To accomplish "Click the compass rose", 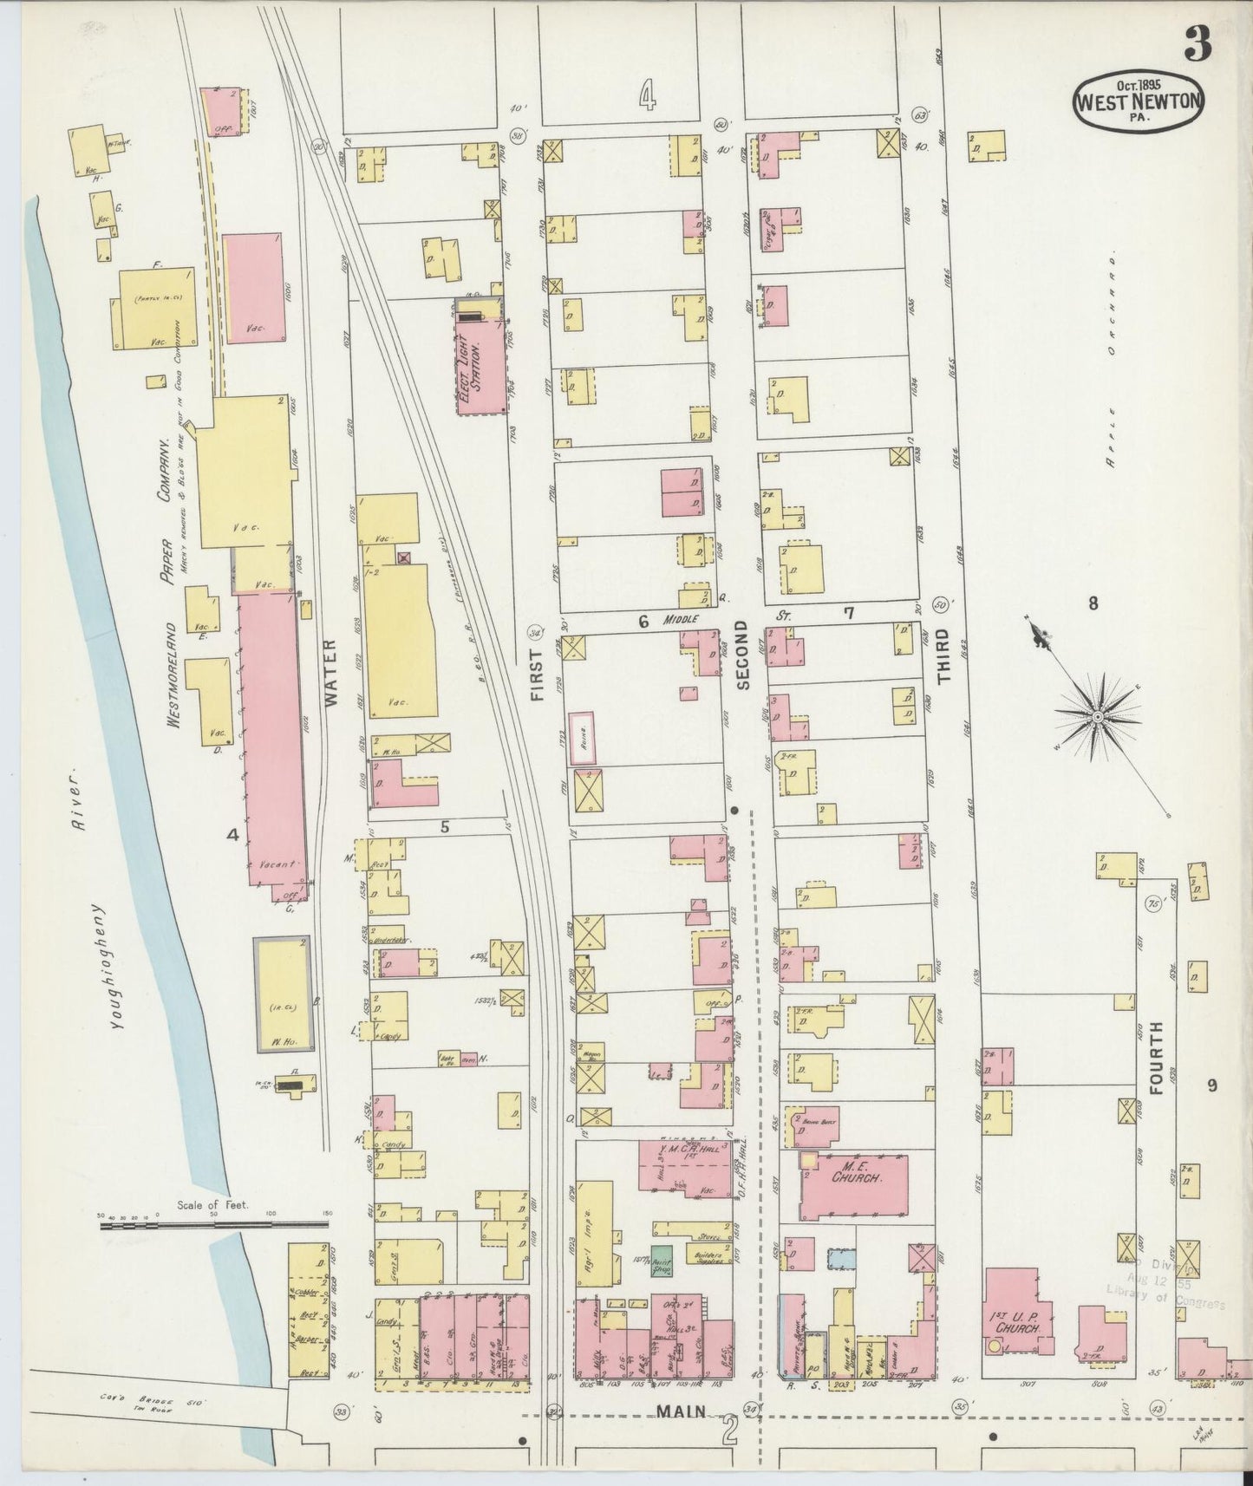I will coord(1097,716).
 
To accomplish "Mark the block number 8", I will coord(1093,603).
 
